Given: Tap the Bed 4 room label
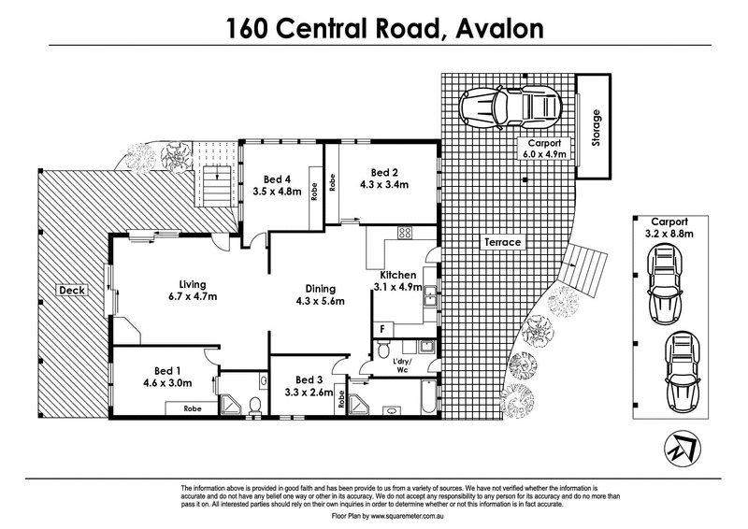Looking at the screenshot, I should (278, 179).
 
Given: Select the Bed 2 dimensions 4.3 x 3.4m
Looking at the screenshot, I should (385, 184).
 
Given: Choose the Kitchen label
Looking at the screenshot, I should (398, 275).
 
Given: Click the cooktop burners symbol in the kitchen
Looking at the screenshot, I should (405, 234).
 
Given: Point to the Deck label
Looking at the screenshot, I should (72, 291).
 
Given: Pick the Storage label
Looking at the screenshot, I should (596, 128).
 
